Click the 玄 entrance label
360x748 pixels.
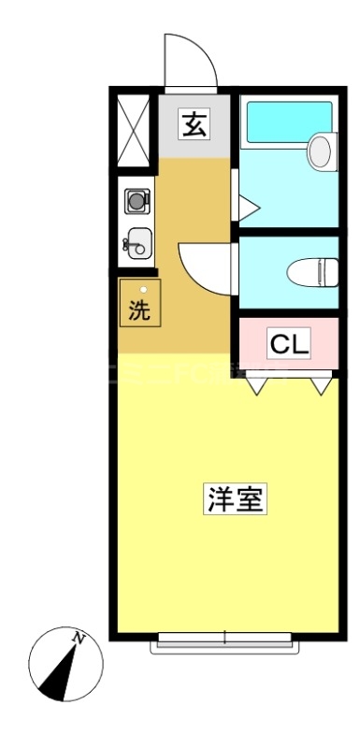194,123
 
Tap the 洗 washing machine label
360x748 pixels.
139,310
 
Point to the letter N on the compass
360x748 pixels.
80,640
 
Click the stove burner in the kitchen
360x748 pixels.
137,200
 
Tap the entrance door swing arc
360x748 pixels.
190,61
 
